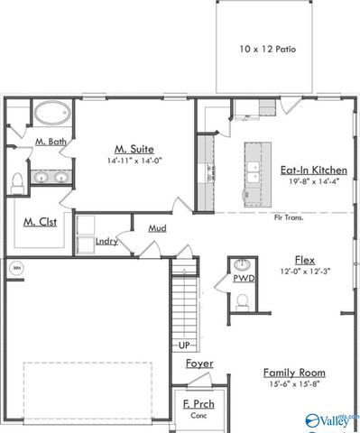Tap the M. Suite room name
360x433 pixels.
pyautogui.click(x=133, y=148)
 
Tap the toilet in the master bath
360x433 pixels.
pyautogui.click(x=18, y=183)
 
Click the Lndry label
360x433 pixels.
pyautogui.click(x=106, y=241)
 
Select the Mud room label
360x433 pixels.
pyautogui.click(x=157, y=228)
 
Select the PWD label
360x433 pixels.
pyautogui.click(x=243, y=279)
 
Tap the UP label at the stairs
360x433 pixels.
pyautogui.click(x=184, y=345)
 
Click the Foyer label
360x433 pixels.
pyautogui.click(x=199, y=364)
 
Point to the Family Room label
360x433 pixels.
pyautogui.click(x=294, y=373)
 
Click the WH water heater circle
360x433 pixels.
pyautogui.click(x=15, y=268)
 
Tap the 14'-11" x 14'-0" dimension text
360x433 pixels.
pyautogui.click(x=133, y=161)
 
